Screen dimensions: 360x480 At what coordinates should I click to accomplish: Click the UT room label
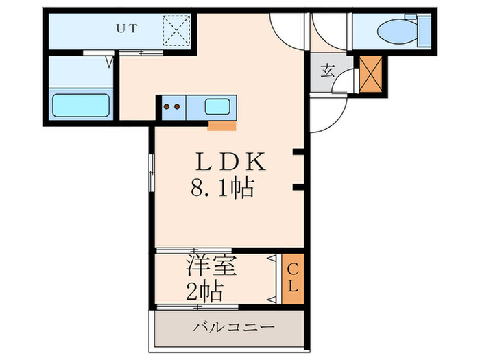point(125,29)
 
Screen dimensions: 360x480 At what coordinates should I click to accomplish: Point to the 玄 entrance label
point(328,71)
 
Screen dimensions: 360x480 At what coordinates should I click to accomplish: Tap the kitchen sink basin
point(218,106)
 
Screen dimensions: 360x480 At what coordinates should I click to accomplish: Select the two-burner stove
point(172,106)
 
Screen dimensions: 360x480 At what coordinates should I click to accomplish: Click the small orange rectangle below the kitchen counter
point(221,125)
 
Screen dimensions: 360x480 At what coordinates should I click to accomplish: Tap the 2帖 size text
point(204,291)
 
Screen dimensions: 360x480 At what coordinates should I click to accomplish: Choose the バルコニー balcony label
point(227,327)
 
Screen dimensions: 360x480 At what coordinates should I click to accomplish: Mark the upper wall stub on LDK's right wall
point(297,152)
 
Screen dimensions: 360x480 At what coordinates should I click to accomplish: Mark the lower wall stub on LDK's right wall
point(297,187)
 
